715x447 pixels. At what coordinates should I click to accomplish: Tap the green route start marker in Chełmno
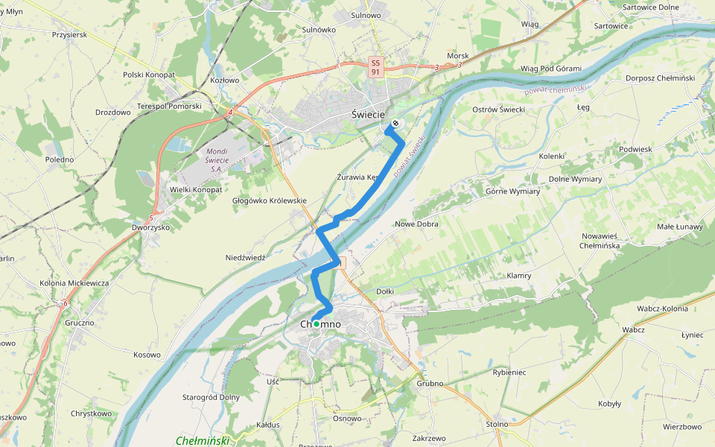(316, 324)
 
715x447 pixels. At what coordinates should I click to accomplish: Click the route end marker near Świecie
(395, 124)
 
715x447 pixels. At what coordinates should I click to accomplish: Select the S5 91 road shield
(377, 67)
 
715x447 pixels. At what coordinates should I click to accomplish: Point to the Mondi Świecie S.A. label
(215, 161)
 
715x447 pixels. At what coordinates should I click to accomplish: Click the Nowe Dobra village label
(416, 223)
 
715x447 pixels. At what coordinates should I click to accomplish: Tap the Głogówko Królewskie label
(269, 200)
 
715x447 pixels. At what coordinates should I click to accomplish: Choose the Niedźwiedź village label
(246, 258)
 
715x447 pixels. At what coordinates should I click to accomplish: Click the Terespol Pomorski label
(170, 107)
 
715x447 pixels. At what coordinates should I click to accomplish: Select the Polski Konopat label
(149, 75)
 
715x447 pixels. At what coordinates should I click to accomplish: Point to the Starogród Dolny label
(211, 397)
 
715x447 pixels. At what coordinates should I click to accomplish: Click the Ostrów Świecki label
(499, 110)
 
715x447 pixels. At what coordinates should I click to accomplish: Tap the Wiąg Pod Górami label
(550, 69)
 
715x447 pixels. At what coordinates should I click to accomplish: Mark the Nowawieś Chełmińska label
(604, 241)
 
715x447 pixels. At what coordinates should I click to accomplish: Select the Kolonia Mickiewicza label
(74, 283)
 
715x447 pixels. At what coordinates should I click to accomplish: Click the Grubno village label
(430, 384)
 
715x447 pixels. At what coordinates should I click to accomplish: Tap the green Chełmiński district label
(202, 440)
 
